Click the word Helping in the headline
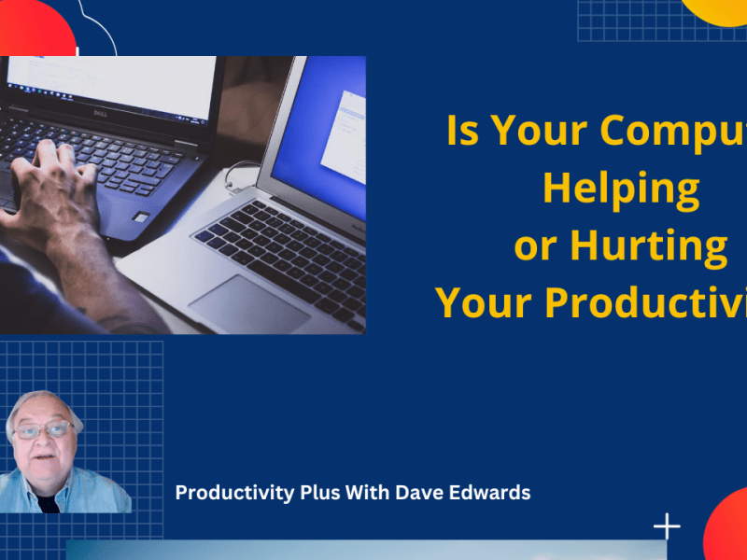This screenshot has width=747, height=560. click(620, 189)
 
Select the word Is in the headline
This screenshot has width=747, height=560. click(465, 132)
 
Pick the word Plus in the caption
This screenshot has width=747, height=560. click(318, 493)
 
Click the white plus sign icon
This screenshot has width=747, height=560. click(667, 526)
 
